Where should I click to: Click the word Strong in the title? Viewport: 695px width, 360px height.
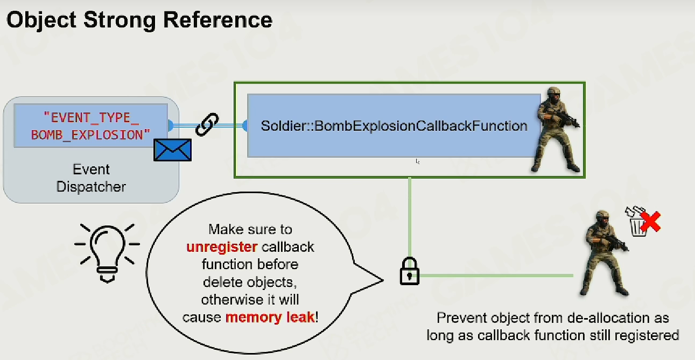click(x=120, y=20)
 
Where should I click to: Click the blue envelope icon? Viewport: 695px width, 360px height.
click(x=172, y=150)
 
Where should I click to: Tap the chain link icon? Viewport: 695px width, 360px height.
click(x=207, y=124)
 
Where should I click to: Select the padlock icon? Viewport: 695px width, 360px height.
click(x=410, y=271)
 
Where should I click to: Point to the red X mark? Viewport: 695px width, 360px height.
click(x=650, y=222)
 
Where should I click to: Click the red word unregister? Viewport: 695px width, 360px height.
click(x=222, y=247)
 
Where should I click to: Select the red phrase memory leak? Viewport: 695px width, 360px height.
click(x=270, y=317)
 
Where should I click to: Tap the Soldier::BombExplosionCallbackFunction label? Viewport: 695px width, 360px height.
click(x=394, y=126)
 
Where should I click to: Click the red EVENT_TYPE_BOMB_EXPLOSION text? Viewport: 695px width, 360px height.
click(x=90, y=126)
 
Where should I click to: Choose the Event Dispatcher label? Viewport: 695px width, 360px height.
click(x=91, y=178)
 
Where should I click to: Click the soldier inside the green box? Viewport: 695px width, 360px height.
click(x=556, y=129)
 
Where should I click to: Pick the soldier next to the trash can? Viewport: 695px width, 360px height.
click(x=605, y=253)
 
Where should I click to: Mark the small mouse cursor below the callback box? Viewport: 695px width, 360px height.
click(x=418, y=161)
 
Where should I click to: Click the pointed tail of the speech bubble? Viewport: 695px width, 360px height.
click(x=383, y=280)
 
